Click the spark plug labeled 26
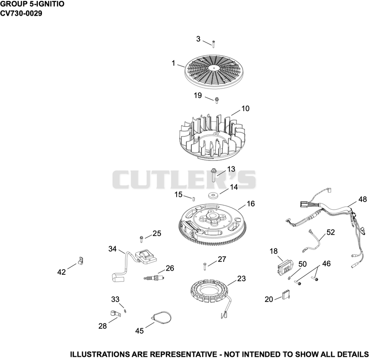[x=154, y=278]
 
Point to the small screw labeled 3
[x=214, y=44]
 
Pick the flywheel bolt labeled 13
[x=214, y=175]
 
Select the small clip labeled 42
[x=80, y=261]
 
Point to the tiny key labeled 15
[x=193, y=199]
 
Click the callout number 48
[x=363, y=199]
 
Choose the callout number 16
[x=250, y=204]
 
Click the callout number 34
[x=113, y=249]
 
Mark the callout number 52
[x=330, y=232]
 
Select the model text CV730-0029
[x=21, y=13]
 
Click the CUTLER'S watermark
[x=184, y=179]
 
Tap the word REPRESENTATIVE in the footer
[x=184, y=354]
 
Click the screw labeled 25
[x=142, y=239]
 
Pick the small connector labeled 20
[x=286, y=295]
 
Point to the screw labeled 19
[x=217, y=100]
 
